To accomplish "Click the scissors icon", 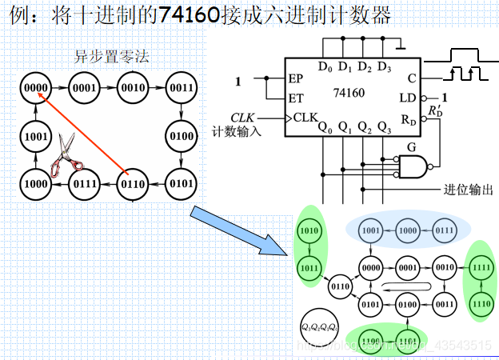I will coord(65,154).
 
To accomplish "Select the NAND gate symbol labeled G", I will coord(413,166).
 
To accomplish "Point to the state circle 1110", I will coord(480,304).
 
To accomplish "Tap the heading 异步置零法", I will coord(111,57).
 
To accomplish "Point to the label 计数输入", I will coord(237,131).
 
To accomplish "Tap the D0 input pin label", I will coord(324,66).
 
